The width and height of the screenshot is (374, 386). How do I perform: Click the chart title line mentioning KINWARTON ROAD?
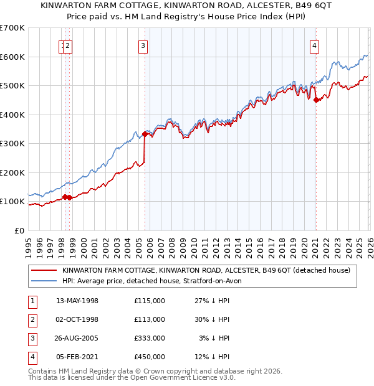pyautogui.click(x=187, y=6)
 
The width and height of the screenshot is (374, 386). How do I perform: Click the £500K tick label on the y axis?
pyautogui.click(x=12, y=85)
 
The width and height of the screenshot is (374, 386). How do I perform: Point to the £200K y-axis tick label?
pyautogui.click(x=12, y=172)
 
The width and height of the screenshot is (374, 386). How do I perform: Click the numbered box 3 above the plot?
pyautogui.click(x=143, y=45)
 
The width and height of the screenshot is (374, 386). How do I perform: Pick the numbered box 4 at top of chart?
pyautogui.click(x=315, y=45)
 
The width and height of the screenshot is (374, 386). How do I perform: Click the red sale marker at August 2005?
pyautogui.click(x=145, y=134)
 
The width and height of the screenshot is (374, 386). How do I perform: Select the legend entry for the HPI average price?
pyautogui.click(x=156, y=281)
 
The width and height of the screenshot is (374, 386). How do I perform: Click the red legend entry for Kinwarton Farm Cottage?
pyautogui.click(x=206, y=271)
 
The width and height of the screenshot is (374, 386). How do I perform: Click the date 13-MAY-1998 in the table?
pyautogui.click(x=77, y=301)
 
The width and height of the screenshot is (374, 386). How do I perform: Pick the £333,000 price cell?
pyautogui.click(x=149, y=338)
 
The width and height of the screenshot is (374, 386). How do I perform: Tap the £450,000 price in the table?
pyautogui.click(x=149, y=357)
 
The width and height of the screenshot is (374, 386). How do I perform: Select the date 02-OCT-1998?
pyautogui.click(x=77, y=319)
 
